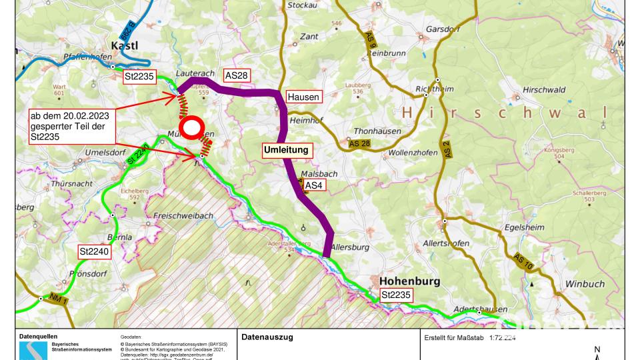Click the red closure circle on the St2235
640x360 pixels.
tap(191, 127)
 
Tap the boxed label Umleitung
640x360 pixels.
tap(287, 150)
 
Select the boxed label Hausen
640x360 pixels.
tap(303, 97)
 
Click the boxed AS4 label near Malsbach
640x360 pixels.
tap(314, 185)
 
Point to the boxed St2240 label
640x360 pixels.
tap(93, 252)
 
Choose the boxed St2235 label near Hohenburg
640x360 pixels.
tap(395, 295)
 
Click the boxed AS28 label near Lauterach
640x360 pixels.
tap(236, 76)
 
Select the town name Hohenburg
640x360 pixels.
tap(409, 281)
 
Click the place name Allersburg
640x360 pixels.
tap(349, 247)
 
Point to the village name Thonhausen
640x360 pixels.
tap(377, 131)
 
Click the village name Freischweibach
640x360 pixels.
tap(183, 216)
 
